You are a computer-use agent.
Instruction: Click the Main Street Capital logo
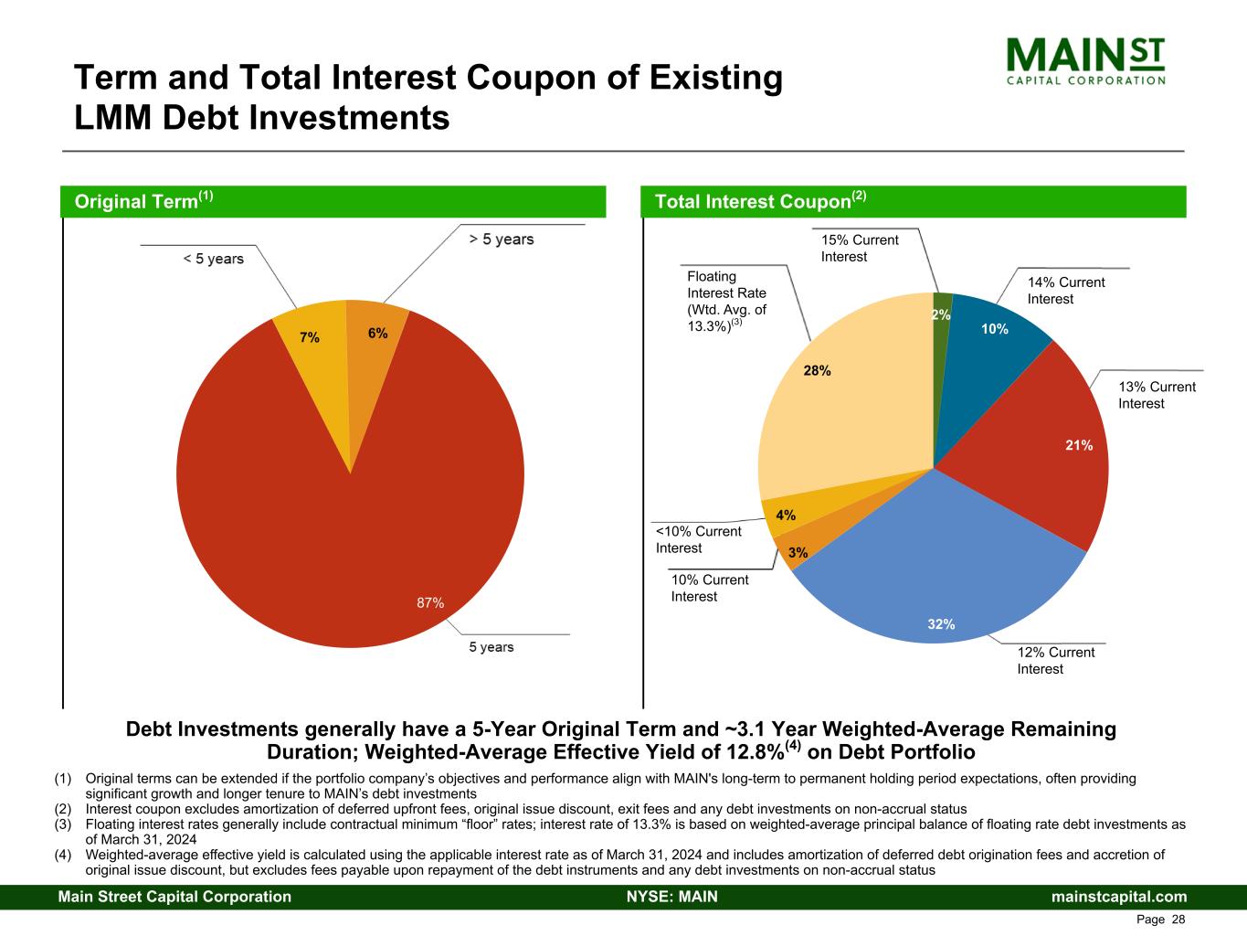coord(1085,60)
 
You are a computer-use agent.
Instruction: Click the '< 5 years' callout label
coord(213,259)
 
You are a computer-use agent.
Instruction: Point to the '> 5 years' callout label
coord(501,239)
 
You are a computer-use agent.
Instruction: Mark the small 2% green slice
coord(942,311)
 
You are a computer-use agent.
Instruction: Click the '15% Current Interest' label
coord(859,249)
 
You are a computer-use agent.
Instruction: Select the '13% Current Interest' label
coord(1157,396)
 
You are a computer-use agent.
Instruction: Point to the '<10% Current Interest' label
coord(698,539)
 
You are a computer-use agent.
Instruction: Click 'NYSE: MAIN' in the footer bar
coord(671,897)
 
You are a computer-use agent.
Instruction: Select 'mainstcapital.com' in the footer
coord(1119,897)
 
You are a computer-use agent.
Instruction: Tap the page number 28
coord(1178,920)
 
